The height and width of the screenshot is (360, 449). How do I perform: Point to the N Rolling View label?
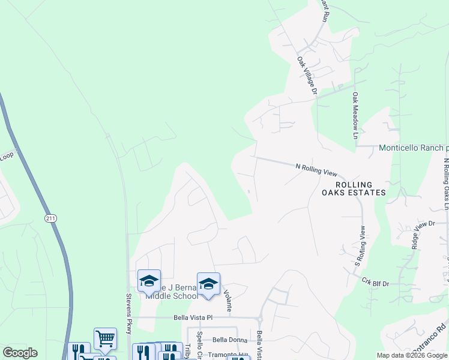[x=316, y=170]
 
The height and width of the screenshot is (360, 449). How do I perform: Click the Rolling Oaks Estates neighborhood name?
[x=354, y=188]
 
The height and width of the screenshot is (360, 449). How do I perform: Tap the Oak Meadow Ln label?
[x=355, y=116]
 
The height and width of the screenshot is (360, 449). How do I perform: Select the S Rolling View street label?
[x=360, y=246]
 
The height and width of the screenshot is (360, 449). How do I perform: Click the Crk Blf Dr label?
[x=375, y=281]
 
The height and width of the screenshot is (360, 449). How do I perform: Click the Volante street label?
[x=228, y=301]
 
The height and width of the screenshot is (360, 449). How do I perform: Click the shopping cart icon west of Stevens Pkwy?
[x=104, y=338]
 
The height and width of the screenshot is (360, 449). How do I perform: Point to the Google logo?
[x=20, y=353]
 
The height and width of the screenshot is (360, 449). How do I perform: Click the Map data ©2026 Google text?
[x=412, y=355]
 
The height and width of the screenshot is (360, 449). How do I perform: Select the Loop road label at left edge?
[x=6, y=156]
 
